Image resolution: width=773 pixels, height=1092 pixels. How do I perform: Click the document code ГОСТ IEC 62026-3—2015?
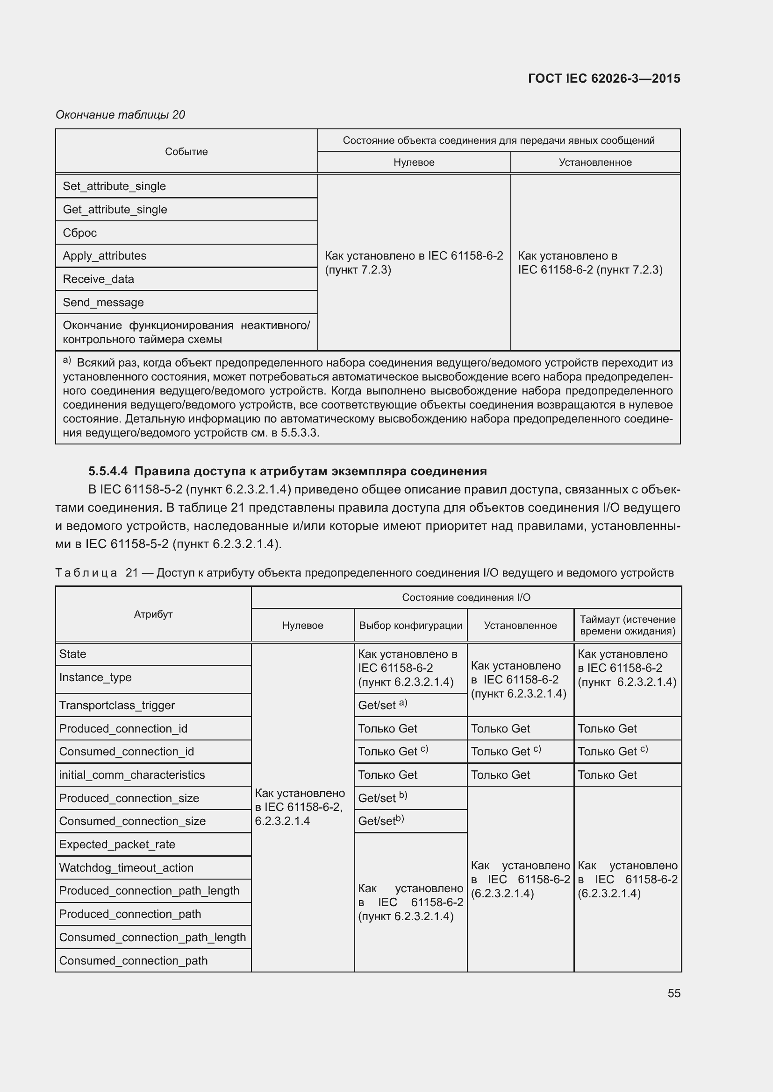click(x=603, y=78)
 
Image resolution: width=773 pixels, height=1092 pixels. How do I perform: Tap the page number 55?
click(x=673, y=993)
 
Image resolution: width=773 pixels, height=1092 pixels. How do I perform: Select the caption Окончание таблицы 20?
click(x=121, y=115)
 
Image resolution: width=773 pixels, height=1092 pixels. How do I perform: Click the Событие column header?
click(x=186, y=152)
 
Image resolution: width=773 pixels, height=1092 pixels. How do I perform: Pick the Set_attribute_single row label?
click(x=114, y=186)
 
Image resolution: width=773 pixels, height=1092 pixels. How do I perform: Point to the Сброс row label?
click(x=79, y=232)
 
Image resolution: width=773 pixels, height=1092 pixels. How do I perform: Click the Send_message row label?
click(x=103, y=303)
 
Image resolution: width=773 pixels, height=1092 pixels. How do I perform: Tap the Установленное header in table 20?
click(x=595, y=162)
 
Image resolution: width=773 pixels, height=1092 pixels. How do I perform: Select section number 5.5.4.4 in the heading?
click(x=108, y=472)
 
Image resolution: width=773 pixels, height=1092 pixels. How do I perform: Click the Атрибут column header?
click(x=153, y=614)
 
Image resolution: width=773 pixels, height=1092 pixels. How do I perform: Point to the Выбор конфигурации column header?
click(x=410, y=626)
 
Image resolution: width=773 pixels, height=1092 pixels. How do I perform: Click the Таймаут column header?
click(x=627, y=625)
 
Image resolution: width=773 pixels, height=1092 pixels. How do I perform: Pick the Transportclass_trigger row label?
click(x=117, y=705)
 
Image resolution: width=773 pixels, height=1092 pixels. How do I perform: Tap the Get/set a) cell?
click(x=382, y=705)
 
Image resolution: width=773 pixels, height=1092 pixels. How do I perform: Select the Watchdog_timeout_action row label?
click(x=126, y=868)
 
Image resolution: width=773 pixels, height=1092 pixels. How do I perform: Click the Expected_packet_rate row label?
click(x=117, y=845)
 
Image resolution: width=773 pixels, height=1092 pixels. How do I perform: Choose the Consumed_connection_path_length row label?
click(x=152, y=937)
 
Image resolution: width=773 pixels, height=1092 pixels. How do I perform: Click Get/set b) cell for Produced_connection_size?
click(x=382, y=798)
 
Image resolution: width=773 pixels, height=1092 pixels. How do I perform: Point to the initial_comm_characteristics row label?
click(x=132, y=775)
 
